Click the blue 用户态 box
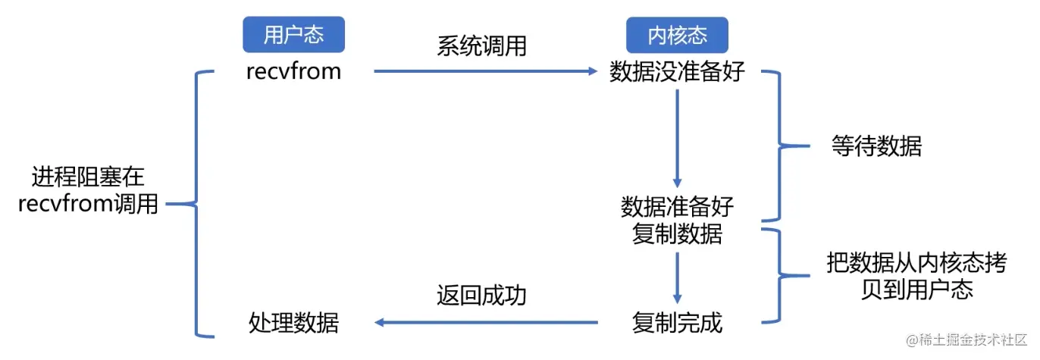click(x=293, y=35)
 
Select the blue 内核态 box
click(x=677, y=35)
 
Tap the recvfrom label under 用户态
click(x=293, y=72)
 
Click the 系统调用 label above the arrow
click(x=481, y=47)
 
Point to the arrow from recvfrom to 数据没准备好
click(x=485, y=72)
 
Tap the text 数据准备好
click(x=677, y=207)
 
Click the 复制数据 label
click(x=677, y=234)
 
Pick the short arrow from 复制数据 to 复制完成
click(x=677, y=277)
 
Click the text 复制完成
click(x=677, y=324)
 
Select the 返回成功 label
click(x=481, y=296)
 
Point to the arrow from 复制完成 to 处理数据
click(x=485, y=324)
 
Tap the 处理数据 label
click(x=293, y=324)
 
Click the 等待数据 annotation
click(x=876, y=146)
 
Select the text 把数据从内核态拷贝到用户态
click(x=916, y=277)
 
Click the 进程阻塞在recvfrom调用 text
click(x=88, y=191)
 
